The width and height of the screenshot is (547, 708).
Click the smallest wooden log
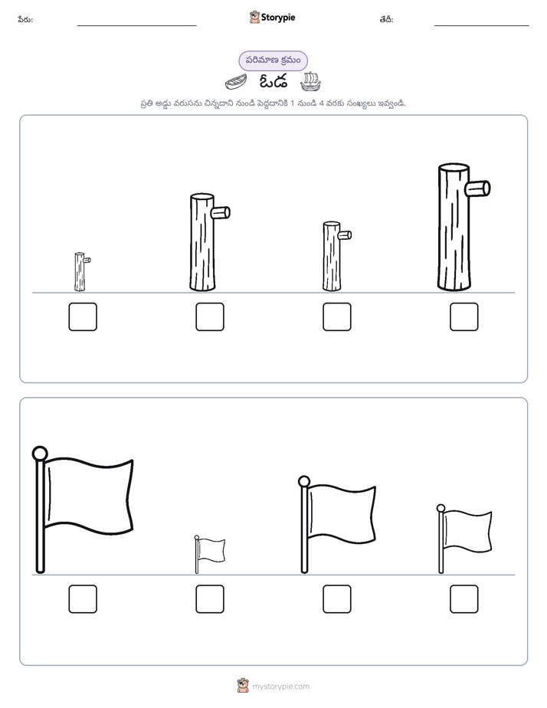80,272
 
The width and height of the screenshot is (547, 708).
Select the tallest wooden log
454,227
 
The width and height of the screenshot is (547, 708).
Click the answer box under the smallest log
83,316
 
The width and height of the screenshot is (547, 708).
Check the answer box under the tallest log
464,316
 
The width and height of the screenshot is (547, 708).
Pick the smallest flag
209,554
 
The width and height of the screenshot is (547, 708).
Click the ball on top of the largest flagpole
40,454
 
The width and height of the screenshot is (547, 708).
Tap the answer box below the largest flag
83,599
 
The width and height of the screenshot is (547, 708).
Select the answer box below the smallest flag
210,599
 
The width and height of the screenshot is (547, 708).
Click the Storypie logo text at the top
278,18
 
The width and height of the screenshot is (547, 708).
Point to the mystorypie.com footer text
280,687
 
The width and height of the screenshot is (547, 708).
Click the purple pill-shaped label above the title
273,61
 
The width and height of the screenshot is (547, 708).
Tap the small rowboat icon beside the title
236,83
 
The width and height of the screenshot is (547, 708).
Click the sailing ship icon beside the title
310,81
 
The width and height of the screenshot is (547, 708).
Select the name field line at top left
136,26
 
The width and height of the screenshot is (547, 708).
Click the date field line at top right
482,26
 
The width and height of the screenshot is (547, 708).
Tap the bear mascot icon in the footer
243,686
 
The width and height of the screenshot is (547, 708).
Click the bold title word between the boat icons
273,82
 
